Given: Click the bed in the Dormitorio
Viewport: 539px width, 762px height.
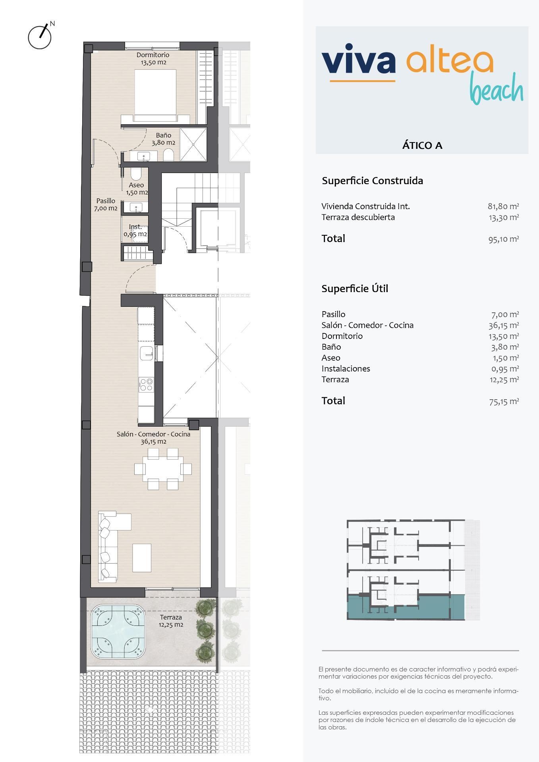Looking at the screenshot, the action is pos(155,95).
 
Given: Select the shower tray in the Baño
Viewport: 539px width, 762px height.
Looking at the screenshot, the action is pos(193,144).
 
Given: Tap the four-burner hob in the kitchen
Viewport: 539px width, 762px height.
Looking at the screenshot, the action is pos(146,384).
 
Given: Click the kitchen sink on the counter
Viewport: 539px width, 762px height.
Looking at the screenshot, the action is pos(147,352).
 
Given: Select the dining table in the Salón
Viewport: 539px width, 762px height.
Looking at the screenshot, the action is pos(163,469).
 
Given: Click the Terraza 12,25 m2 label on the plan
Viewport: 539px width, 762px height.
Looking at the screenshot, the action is pos(171,621).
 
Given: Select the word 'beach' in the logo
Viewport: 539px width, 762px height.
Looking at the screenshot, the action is pos(496,89).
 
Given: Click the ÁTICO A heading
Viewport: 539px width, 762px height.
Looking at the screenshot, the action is pos(422,145).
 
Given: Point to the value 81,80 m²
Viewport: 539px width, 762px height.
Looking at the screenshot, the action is pos(503,206).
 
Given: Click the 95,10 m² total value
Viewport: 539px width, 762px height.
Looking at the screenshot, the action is pos(504,239).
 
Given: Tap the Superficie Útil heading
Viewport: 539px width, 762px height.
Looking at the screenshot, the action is pos(355,289).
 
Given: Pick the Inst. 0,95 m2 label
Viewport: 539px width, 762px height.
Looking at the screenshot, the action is pos(135,231).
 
